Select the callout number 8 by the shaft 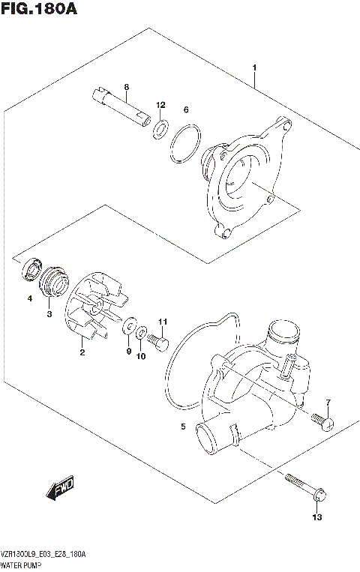127,88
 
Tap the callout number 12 160,104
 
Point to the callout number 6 186,109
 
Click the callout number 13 316,517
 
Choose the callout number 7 327,406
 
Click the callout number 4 30,298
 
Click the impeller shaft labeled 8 122,106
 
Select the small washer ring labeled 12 160,128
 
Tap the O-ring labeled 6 184,145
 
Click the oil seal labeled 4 31,270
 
